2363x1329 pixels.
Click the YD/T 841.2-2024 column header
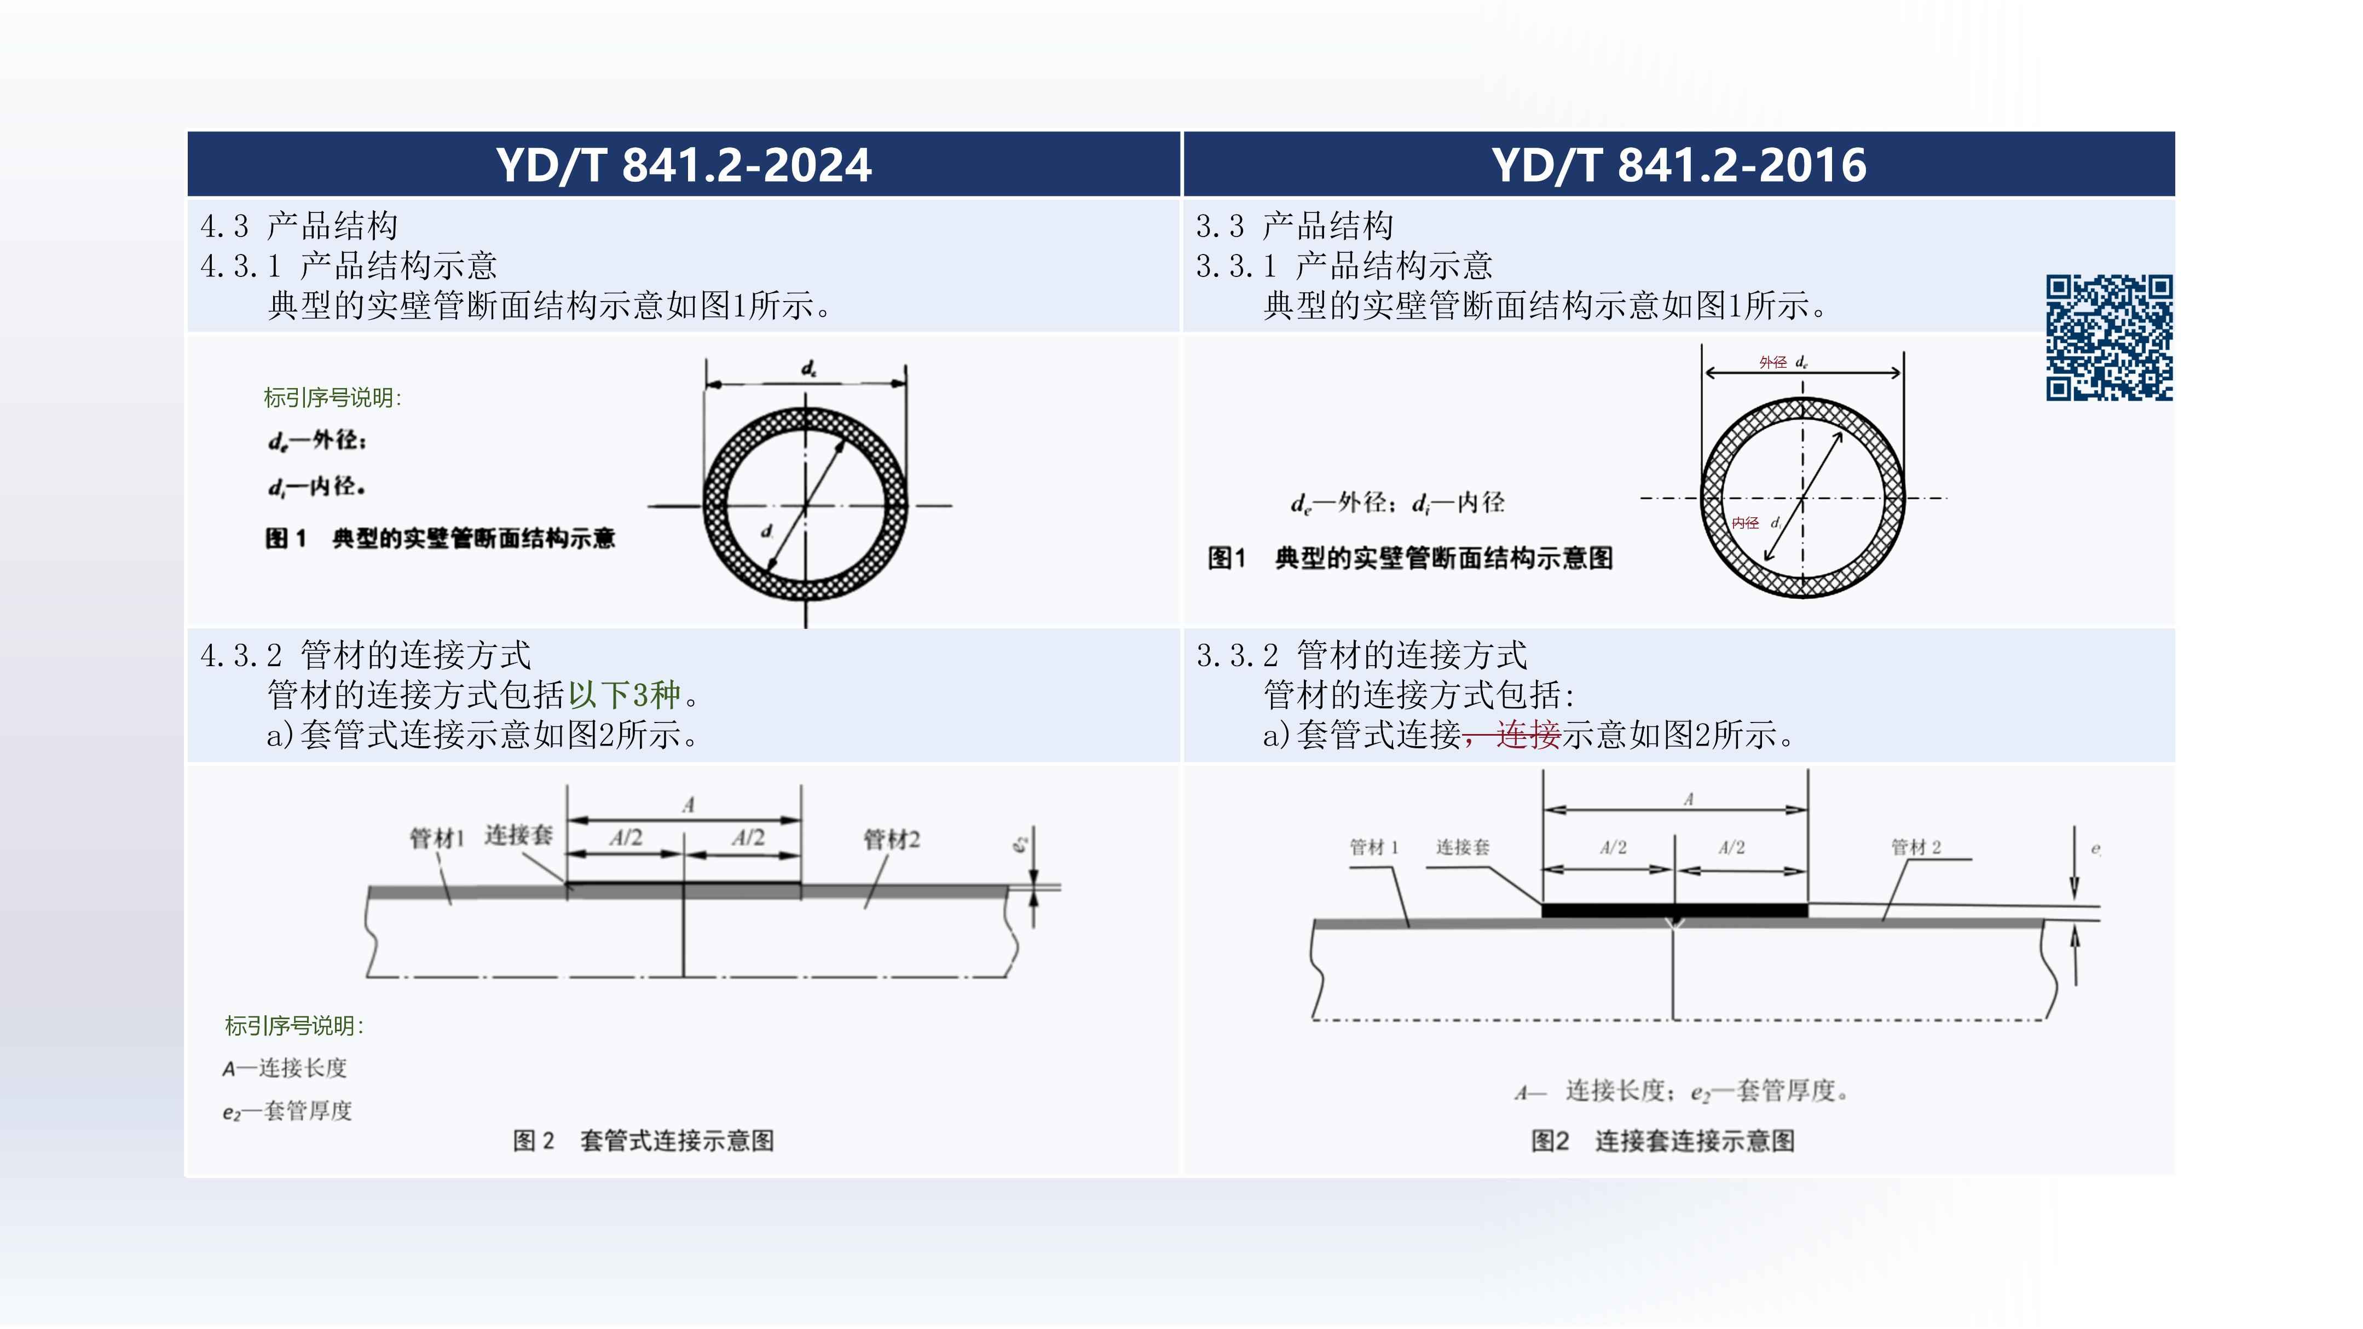(x=684, y=165)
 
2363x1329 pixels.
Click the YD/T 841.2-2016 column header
(x=1679, y=165)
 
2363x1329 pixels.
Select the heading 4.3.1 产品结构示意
(x=349, y=266)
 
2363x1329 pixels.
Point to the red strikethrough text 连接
(x=1527, y=735)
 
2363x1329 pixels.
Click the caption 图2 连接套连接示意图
(x=1662, y=1141)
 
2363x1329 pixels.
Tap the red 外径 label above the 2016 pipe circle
(x=1772, y=362)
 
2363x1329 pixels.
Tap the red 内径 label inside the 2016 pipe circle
(x=1744, y=523)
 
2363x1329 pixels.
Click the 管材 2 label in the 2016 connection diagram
(x=1915, y=847)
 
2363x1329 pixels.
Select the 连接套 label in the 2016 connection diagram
(x=1462, y=847)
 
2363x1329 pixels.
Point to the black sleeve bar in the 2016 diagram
(x=1674, y=910)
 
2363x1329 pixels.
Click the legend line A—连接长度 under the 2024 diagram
(x=285, y=1067)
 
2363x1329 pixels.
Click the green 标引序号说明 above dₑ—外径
(x=332, y=397)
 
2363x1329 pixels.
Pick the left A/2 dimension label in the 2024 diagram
(x=626, y=837)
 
